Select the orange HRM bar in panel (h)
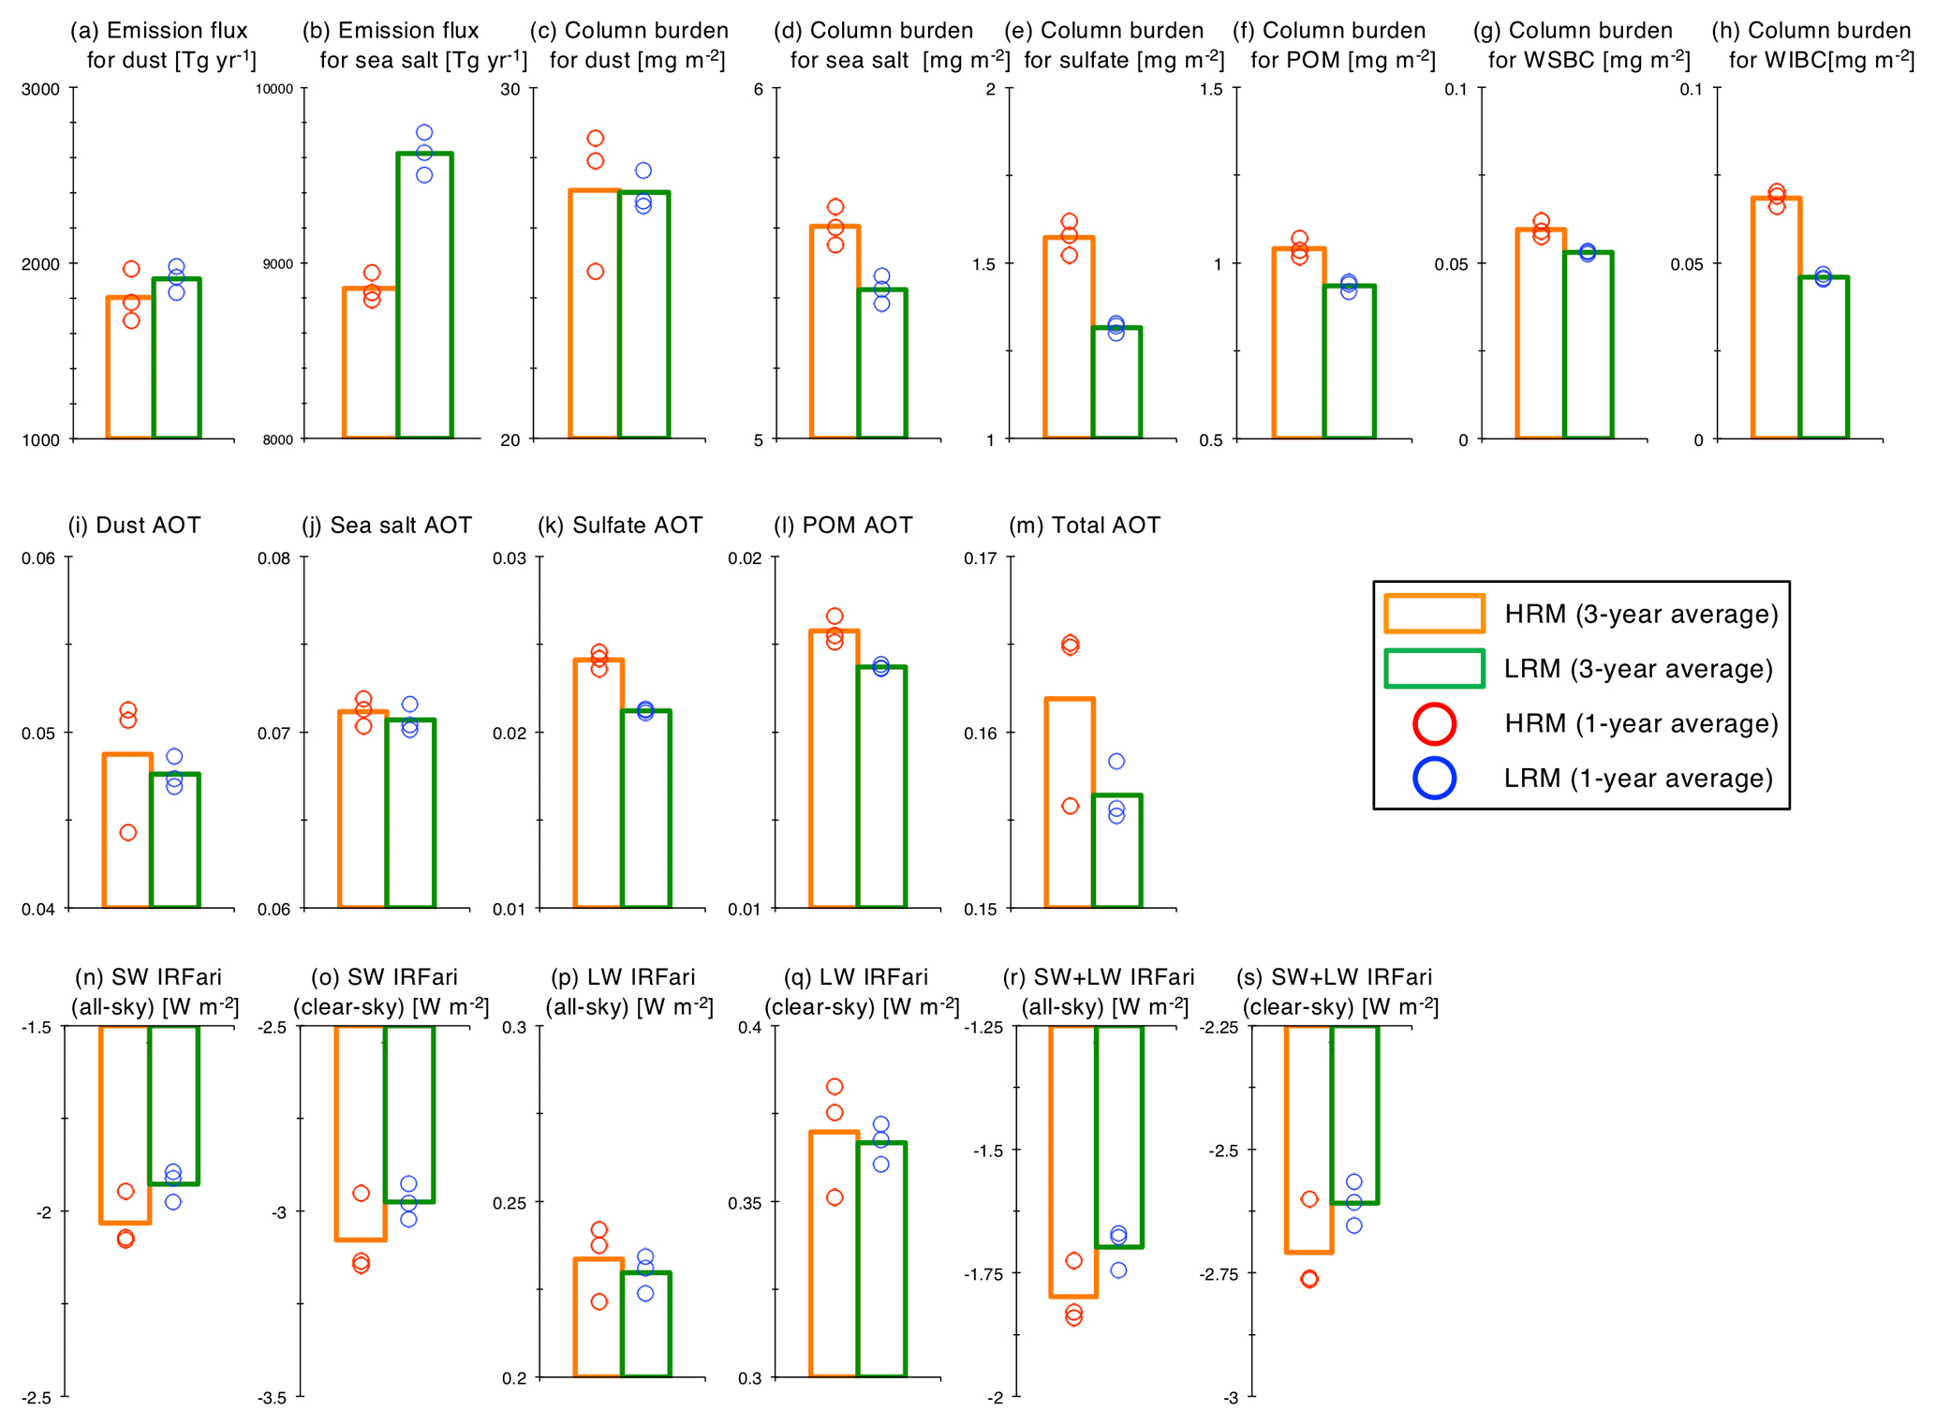click(1776, 319)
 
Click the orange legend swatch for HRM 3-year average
click(1434, 614)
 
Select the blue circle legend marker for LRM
click(1434, 778)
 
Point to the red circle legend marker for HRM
click(1434, 723)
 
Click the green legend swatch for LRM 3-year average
click(1434, 668)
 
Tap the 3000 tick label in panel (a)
click(40, 90)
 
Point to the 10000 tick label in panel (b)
click(274, 90)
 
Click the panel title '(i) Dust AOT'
click(134, 525)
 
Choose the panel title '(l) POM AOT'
click(843, 525)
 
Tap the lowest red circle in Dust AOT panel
click(128, 832)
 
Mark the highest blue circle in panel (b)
click(424, 133)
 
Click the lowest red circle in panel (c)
click(596, 272)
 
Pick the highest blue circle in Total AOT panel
click(1116, 762)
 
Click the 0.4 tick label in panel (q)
click(750, 1028)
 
